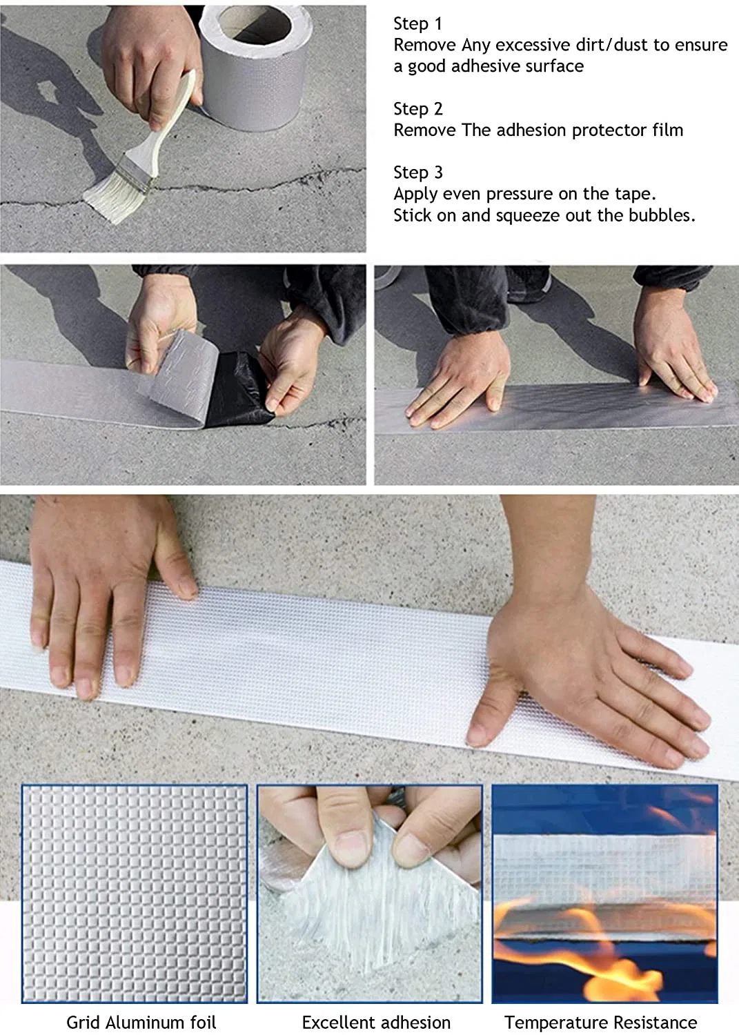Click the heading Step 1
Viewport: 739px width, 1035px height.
417,23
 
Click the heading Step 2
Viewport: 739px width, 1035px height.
417,109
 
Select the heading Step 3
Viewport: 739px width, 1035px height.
417,172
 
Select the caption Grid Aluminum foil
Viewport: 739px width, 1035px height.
141,1023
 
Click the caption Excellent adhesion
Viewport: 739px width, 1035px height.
376,1023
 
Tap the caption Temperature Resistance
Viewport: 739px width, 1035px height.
601,1023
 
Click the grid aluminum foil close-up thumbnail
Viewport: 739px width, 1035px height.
135,894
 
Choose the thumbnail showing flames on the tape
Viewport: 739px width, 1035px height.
605,894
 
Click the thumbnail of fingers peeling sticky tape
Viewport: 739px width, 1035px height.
370,894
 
